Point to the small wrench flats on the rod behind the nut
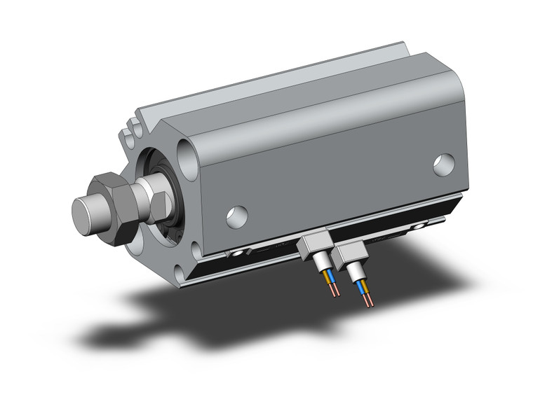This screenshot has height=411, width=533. (158, 204)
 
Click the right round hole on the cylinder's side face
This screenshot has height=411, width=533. (443, 165)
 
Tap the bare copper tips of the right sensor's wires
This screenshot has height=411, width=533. (370, 303)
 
